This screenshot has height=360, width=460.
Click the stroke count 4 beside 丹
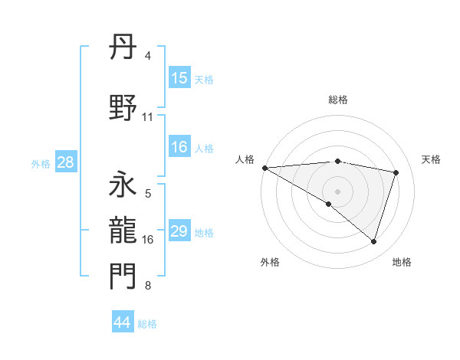pos(148,56)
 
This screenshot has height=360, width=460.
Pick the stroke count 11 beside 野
pos(148,117)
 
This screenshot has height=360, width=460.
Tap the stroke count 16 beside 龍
pos(148,240)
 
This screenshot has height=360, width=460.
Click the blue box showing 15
pos(179,78)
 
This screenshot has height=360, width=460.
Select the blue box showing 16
pos(179,147)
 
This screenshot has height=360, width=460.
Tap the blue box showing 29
pos(179,231)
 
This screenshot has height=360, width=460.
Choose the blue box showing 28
pos(65,162)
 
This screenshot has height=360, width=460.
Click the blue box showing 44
pos(122,322)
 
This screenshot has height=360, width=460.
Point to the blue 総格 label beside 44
pos(147,324)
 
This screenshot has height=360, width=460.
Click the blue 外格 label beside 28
pos(41,164)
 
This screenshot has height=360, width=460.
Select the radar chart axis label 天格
pos(431,159)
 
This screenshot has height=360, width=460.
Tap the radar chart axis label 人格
pos(245,159)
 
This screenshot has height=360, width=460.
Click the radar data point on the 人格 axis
pos(264,167)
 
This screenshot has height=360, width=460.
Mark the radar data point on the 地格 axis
pos(373,241)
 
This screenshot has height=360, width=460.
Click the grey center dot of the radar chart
pos(337,191)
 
